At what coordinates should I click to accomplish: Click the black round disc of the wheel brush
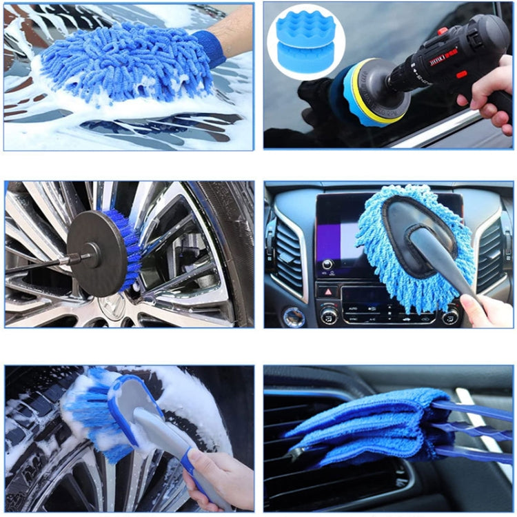[97, 254]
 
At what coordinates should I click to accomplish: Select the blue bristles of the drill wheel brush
[132, 248]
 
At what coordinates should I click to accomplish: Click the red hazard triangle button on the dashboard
[325, 292]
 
